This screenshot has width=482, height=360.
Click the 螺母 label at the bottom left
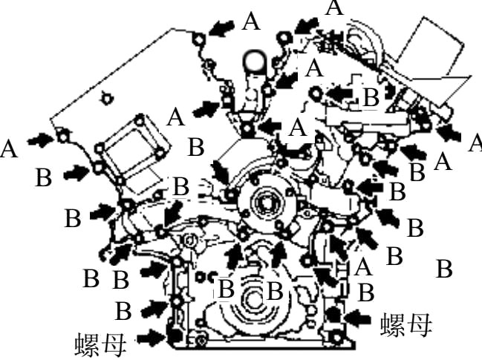tap(100, 344)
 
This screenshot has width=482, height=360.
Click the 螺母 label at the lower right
tap(406, 324)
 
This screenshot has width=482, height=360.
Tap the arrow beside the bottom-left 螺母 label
tap(151, 338)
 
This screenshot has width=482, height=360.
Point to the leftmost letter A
tap(9, 148)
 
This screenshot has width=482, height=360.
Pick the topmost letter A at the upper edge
tap(336, 7)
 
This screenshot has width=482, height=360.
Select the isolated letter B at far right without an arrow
tap(444, 269)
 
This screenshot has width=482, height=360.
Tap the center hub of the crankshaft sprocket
tap(265, 200)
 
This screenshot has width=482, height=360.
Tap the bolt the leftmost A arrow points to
tap(63, 136)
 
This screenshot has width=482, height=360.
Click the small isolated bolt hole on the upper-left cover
tap(107, 99)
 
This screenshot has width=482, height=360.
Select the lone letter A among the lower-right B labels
tap(363, 266)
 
